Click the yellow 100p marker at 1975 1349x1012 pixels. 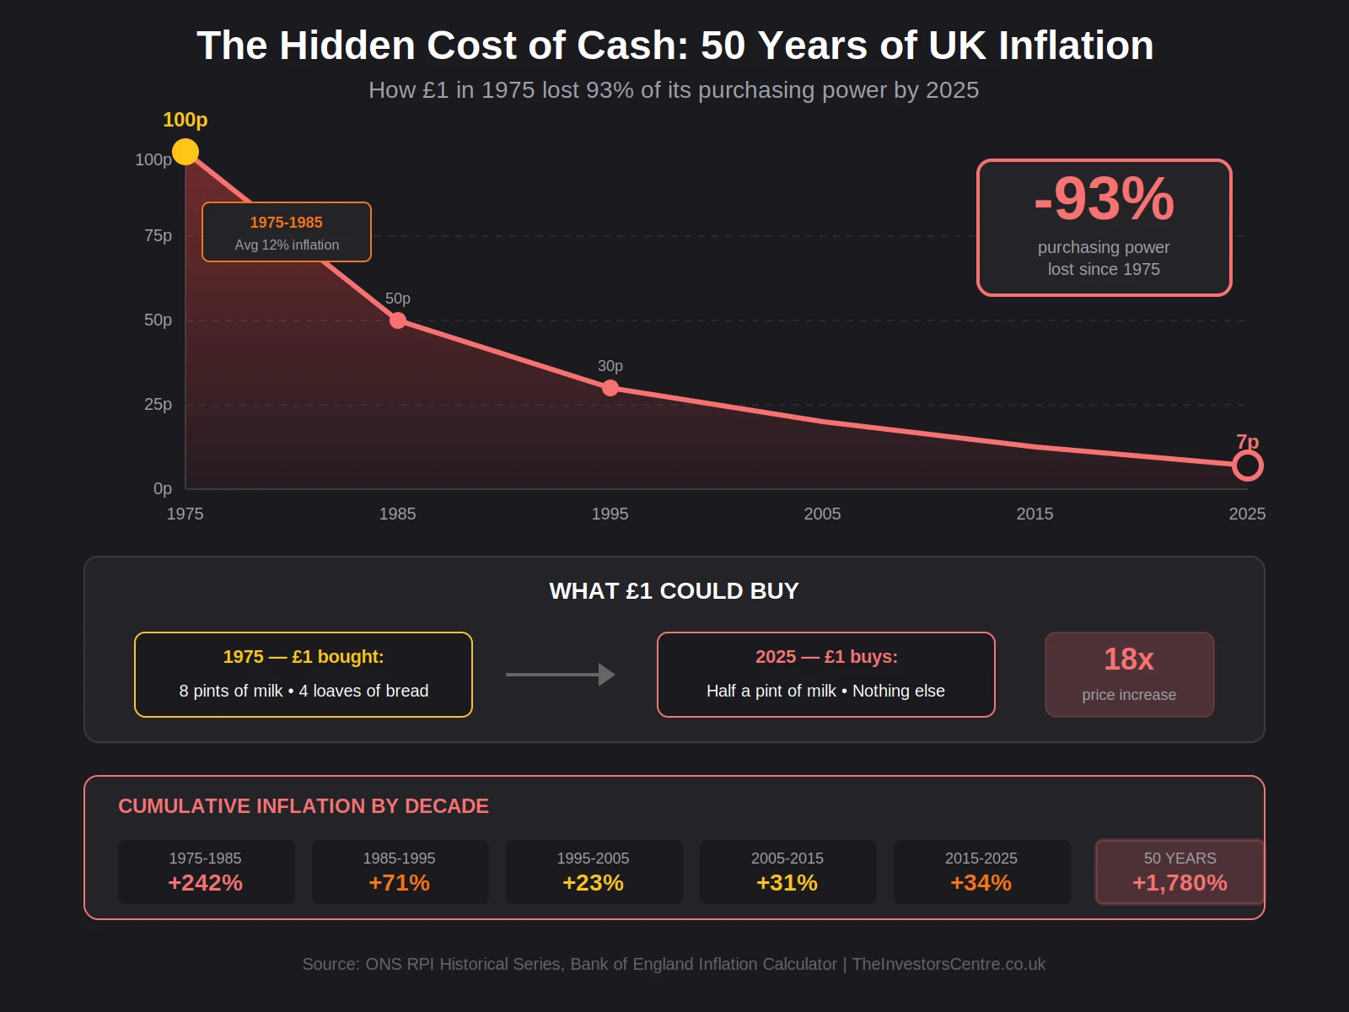point(185,152)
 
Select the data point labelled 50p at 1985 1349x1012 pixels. point(398,320)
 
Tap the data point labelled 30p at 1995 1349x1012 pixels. point(610,388)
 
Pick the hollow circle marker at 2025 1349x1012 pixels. point(1247,466)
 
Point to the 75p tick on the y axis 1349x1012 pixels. point(158,236)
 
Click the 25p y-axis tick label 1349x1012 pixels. point(158,405)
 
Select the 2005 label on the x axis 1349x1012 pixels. point(822,514)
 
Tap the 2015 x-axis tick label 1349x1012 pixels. point(1035,514)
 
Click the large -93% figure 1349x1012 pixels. point(1104,199)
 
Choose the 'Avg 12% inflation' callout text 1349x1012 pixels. point(287,245)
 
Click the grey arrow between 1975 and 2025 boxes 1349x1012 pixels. point(560,675)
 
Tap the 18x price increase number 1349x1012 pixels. point(1129,659)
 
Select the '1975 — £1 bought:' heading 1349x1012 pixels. point(304,657)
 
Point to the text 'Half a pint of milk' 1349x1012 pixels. point(771,691)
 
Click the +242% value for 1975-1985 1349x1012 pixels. point(205,883)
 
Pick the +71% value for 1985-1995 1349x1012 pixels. point(399,883)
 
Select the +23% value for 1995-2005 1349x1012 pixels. point(593,883)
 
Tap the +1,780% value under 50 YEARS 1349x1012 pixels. point(1180,883)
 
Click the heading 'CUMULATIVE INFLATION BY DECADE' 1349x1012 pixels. point(304,806)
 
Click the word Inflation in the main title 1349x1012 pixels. point(1076,46)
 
